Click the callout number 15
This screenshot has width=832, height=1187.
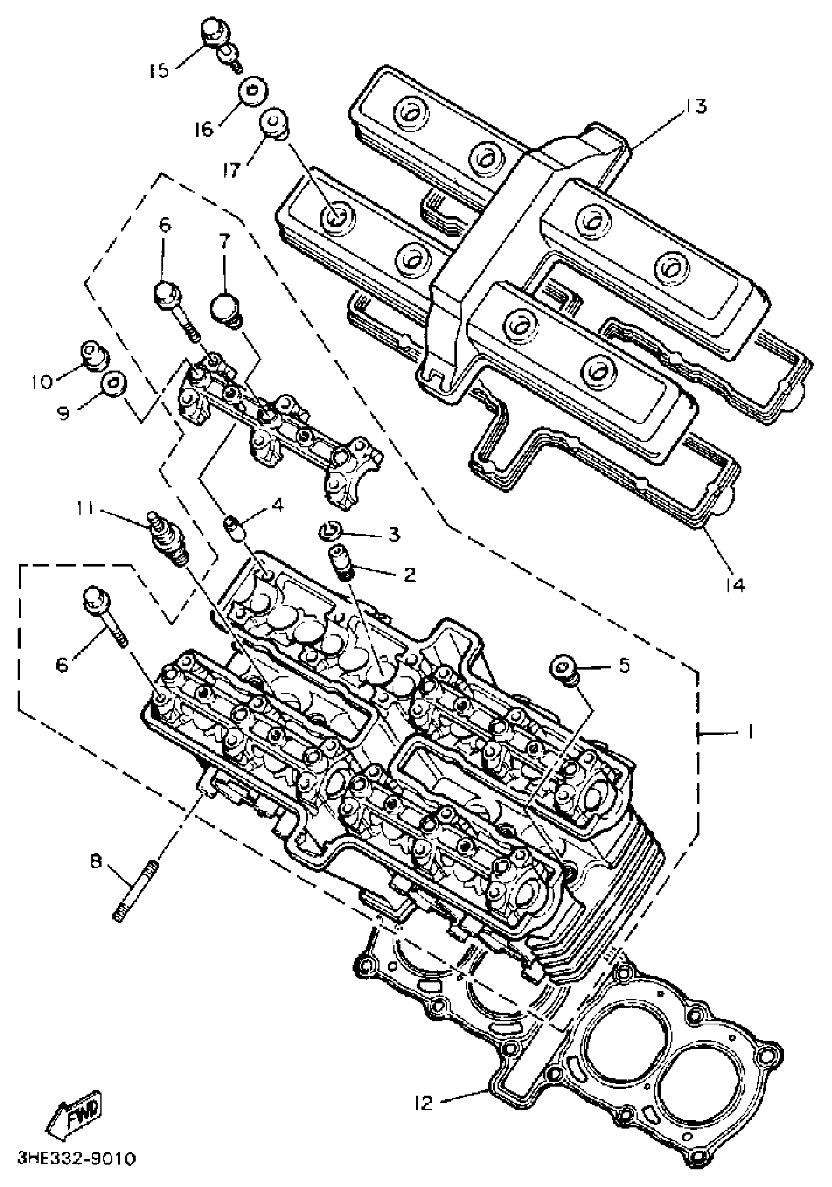tap(159, 70)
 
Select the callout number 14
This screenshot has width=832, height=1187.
tap(735, 585)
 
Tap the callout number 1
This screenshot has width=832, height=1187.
tap(749, 732)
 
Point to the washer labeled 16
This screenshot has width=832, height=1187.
tap(253, 92)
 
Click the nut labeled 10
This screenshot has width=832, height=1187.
tap(93, 355)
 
